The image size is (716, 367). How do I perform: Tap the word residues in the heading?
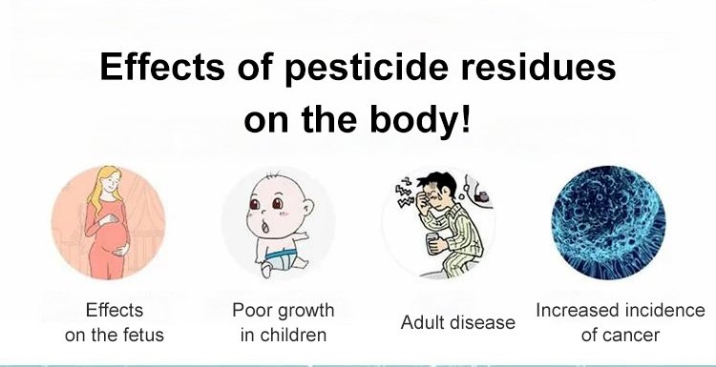(537, 67)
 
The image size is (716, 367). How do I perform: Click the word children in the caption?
(291, 336)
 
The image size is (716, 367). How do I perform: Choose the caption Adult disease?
(458, 322)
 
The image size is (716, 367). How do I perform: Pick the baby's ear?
(308, 208)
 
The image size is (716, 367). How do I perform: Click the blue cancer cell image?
(608, 223)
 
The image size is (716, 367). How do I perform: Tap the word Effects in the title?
(161, 67)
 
